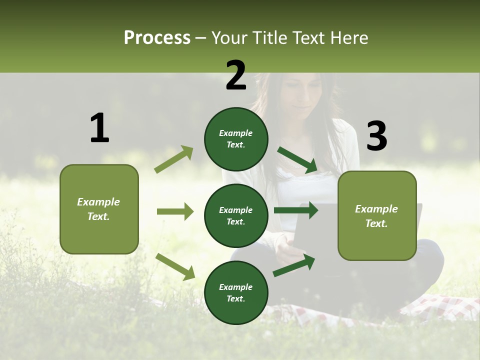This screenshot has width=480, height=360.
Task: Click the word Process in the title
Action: coord(157,38)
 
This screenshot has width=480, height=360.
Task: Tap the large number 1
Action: coord(99,128)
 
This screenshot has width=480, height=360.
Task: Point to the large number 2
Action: coord(236,75)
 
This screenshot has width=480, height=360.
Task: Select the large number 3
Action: coord(376,136)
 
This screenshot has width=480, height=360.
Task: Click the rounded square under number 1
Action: coord(99,209)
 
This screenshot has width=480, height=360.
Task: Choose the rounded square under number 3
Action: coord(377,215)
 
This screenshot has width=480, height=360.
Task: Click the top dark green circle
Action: coord(236,139)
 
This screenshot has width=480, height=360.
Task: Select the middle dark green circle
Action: coord(236,215)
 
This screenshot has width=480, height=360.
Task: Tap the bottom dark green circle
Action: coord(236,292)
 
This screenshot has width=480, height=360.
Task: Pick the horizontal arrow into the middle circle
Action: coord(175,211)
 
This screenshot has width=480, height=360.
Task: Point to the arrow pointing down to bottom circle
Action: coord(175,266)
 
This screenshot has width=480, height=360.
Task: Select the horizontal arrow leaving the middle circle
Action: coord(295,210)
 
